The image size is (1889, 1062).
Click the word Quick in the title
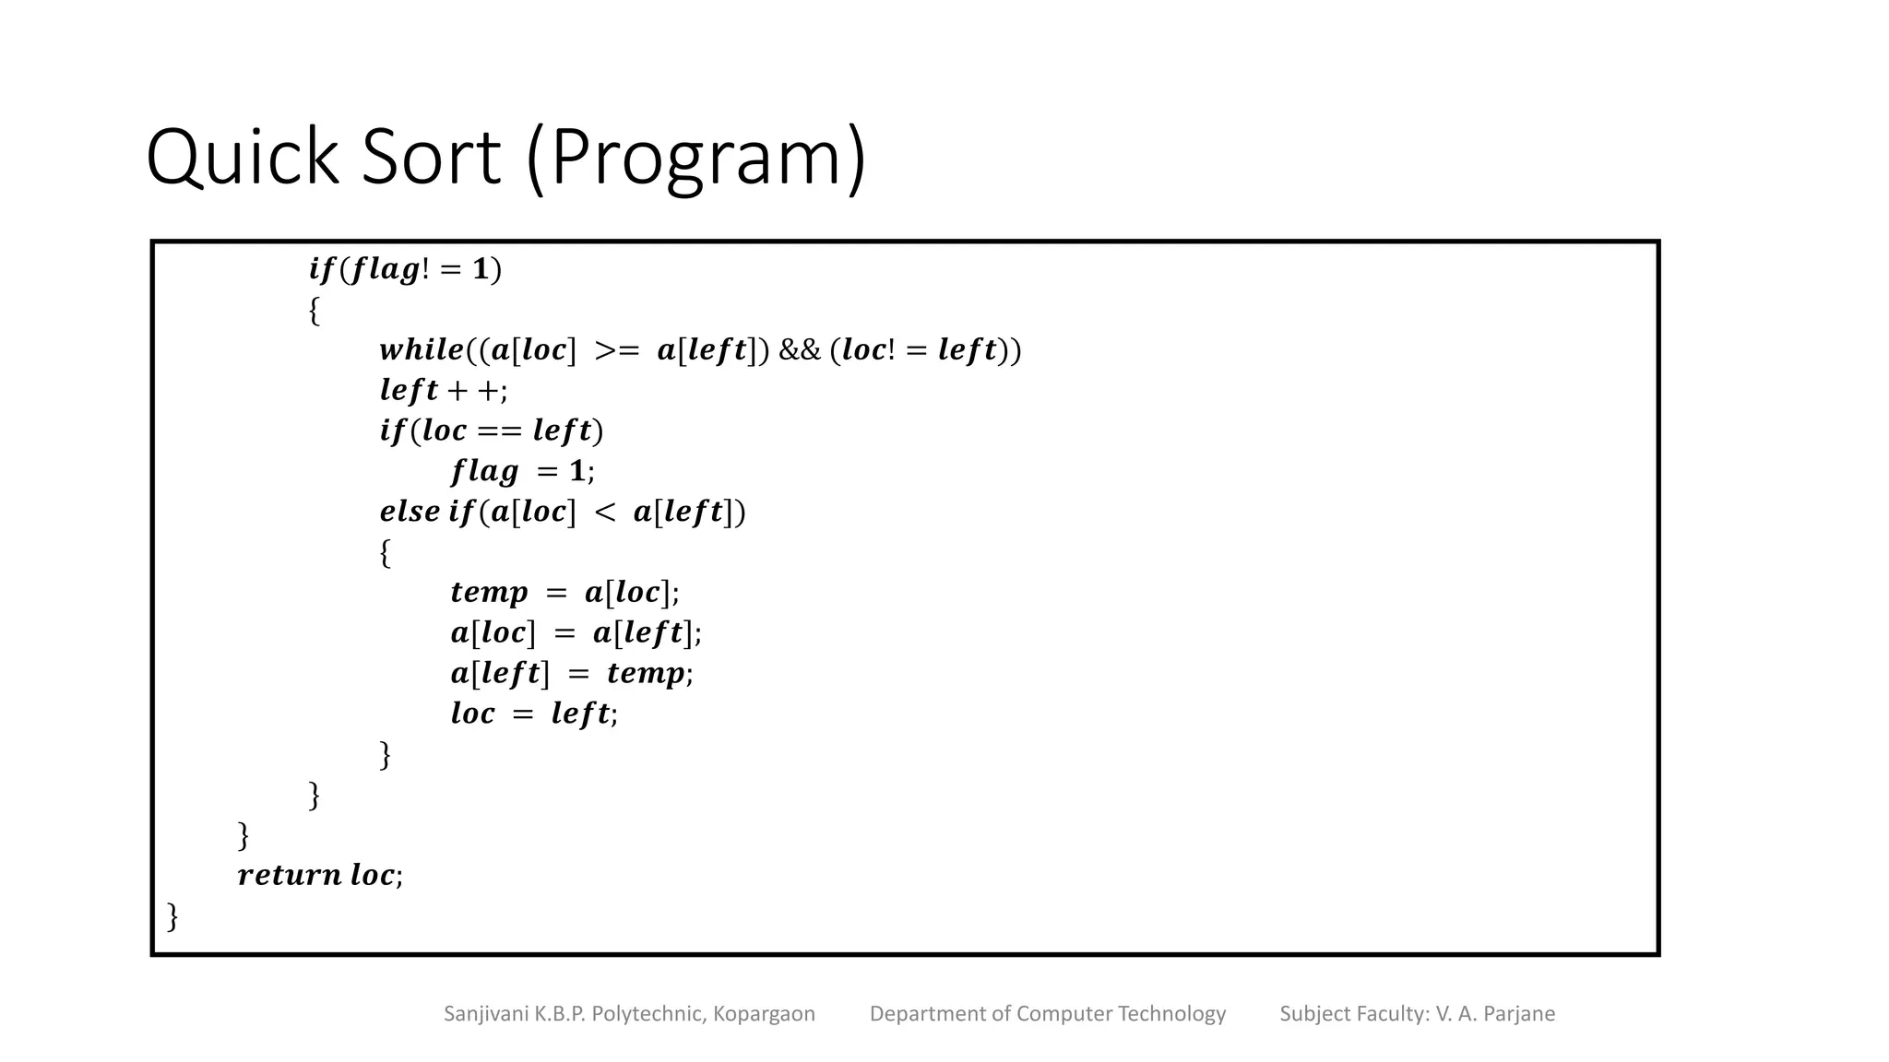coord(244,158)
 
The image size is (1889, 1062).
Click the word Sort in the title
coord(431,158)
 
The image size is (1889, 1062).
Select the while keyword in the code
coord(422,350)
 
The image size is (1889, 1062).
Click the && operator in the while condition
coord(799,350)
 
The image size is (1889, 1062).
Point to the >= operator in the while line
coord(616,350)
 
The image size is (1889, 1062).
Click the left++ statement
coord(443,391)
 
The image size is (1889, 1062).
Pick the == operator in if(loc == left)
coord(499,431)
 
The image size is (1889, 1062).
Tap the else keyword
coord(410,512)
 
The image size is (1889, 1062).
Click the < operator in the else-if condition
coord(604,512)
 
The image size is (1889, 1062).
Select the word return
coord(289,875)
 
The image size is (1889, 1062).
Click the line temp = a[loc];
coord(564,593)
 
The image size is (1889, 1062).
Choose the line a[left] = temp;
coord(572,674)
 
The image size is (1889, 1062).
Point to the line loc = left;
coord(534,714)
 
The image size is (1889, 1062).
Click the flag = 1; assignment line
coord(522,472)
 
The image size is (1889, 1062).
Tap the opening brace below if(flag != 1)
coord(315,311)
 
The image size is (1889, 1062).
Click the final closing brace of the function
coord(172,916)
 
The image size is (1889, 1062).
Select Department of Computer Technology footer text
coord(1048,1014)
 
